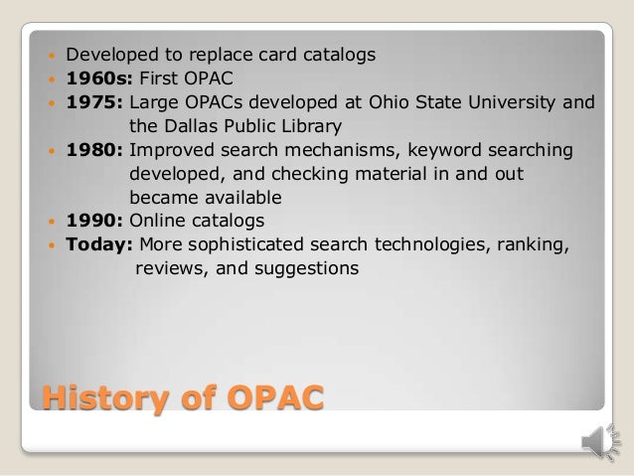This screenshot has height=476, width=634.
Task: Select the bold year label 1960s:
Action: (96, 78)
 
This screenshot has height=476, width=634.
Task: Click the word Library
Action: (308, 126)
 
